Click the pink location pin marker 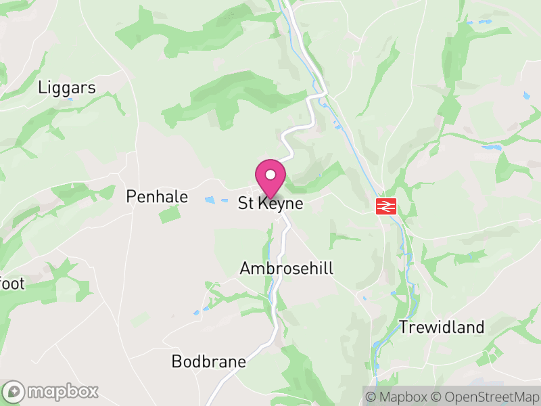270,177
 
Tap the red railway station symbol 386,206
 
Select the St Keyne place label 270,204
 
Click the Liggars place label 67,87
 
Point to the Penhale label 157,196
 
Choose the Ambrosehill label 287,269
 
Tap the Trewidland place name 442,328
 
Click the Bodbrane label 208,361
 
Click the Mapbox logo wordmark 63,391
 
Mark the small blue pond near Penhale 211,200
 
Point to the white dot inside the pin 270,175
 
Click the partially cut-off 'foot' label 12,283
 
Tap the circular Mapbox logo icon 15,391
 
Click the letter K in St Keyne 262,204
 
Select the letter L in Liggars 43,87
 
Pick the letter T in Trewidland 404,328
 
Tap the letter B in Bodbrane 177,361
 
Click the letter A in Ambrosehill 245,269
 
